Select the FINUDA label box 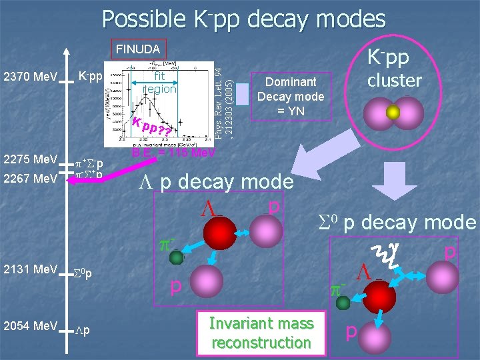137,49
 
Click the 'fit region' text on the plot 160,83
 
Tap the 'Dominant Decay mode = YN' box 291,96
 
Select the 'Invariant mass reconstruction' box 261,333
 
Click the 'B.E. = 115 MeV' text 173,153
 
